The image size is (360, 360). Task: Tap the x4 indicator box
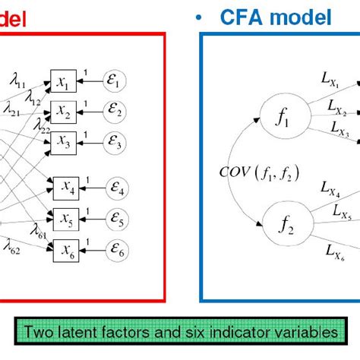(66, 184)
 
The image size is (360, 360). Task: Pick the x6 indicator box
(66, 248)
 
